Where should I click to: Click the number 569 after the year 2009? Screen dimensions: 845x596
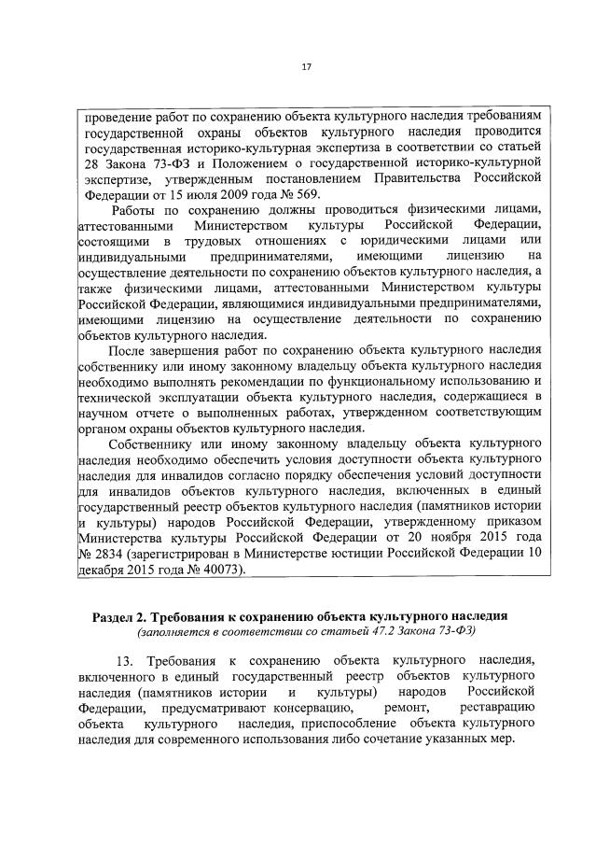point(306,194)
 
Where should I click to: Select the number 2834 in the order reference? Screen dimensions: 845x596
point(117,556)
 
